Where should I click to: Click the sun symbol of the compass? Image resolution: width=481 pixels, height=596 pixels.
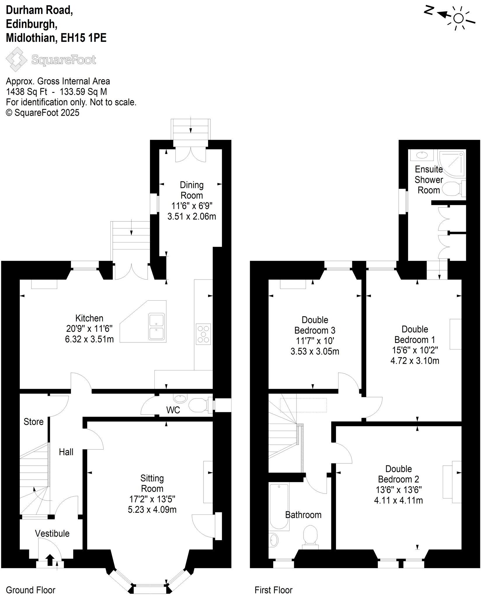459,18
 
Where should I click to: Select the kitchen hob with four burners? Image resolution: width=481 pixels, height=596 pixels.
203,334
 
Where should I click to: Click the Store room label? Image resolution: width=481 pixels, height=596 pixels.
34,422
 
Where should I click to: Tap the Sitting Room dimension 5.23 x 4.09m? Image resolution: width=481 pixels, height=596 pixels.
152,510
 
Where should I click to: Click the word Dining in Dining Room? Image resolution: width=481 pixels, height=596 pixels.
191,185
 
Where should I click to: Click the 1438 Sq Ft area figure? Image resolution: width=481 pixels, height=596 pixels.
27,92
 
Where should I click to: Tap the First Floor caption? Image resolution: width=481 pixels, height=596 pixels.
273,590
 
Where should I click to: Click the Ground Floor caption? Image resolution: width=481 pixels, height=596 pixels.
30,590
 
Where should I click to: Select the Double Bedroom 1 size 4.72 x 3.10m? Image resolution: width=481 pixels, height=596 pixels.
414,361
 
